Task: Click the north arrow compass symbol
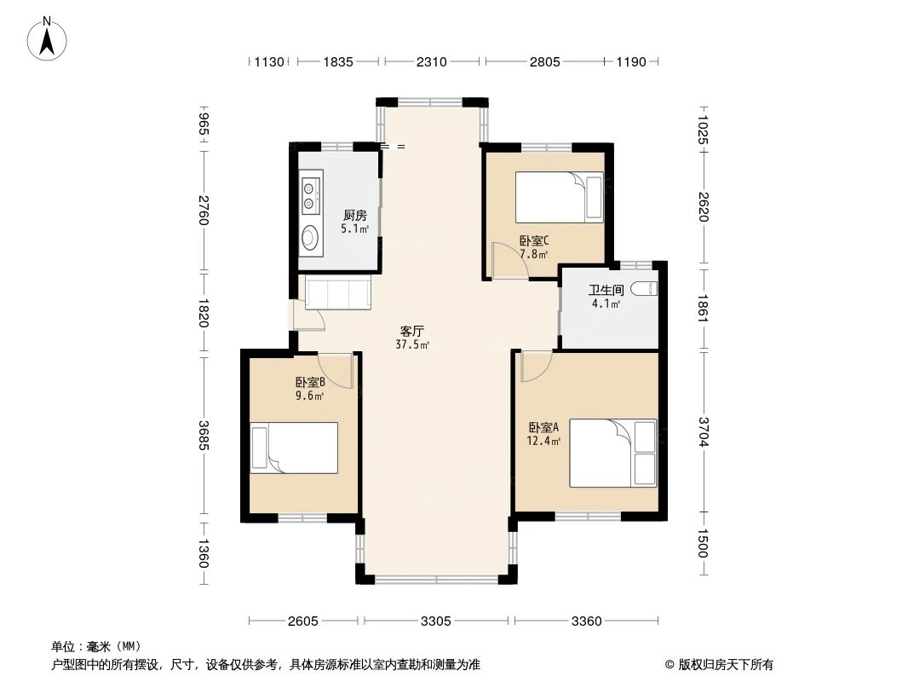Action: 47,38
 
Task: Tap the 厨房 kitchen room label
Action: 355,216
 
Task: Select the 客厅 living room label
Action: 412,332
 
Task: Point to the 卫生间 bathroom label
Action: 606,290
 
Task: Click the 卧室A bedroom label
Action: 543,428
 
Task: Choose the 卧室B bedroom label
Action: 310,383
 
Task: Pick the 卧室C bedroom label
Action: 534,240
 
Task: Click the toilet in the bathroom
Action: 644,288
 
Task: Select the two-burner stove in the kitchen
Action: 311,195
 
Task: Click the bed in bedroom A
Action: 612,454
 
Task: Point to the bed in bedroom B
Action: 294,448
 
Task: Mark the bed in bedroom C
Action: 560,197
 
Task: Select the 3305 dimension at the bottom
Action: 436,621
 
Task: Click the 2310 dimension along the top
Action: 431,61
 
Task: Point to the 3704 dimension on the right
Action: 704,432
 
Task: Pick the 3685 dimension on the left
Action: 204,435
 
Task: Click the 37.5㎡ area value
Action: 412,344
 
